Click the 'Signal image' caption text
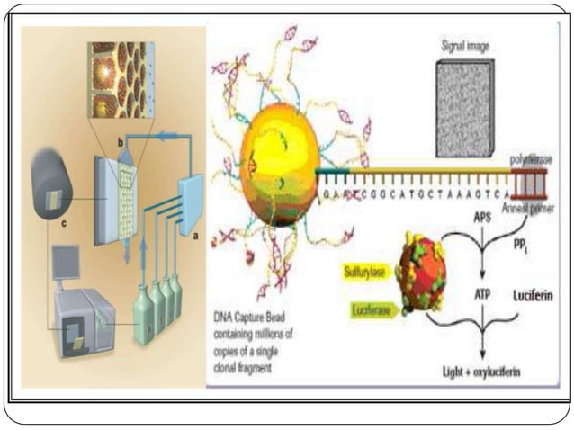tap(465, 43)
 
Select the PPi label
tap(542, 241)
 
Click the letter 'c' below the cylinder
tap(63, 224)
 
